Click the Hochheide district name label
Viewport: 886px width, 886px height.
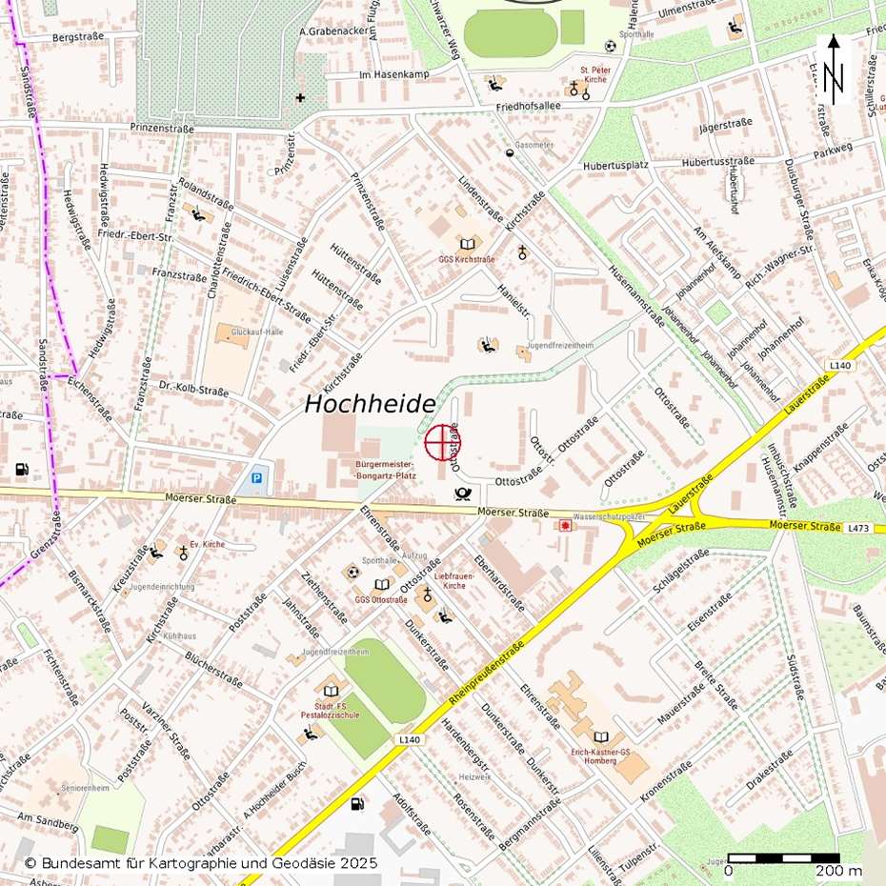(370, 405)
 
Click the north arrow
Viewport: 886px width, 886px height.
(834, 70)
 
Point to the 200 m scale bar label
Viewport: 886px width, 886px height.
(838, 871)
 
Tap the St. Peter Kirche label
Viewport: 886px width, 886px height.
(595, 75)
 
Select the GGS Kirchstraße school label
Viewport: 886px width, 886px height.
(466, 259)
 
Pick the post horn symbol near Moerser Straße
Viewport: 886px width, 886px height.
(463, 493)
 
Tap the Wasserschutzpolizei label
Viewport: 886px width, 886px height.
(610, 515)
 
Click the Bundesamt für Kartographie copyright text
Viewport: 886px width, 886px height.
(201, 863)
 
